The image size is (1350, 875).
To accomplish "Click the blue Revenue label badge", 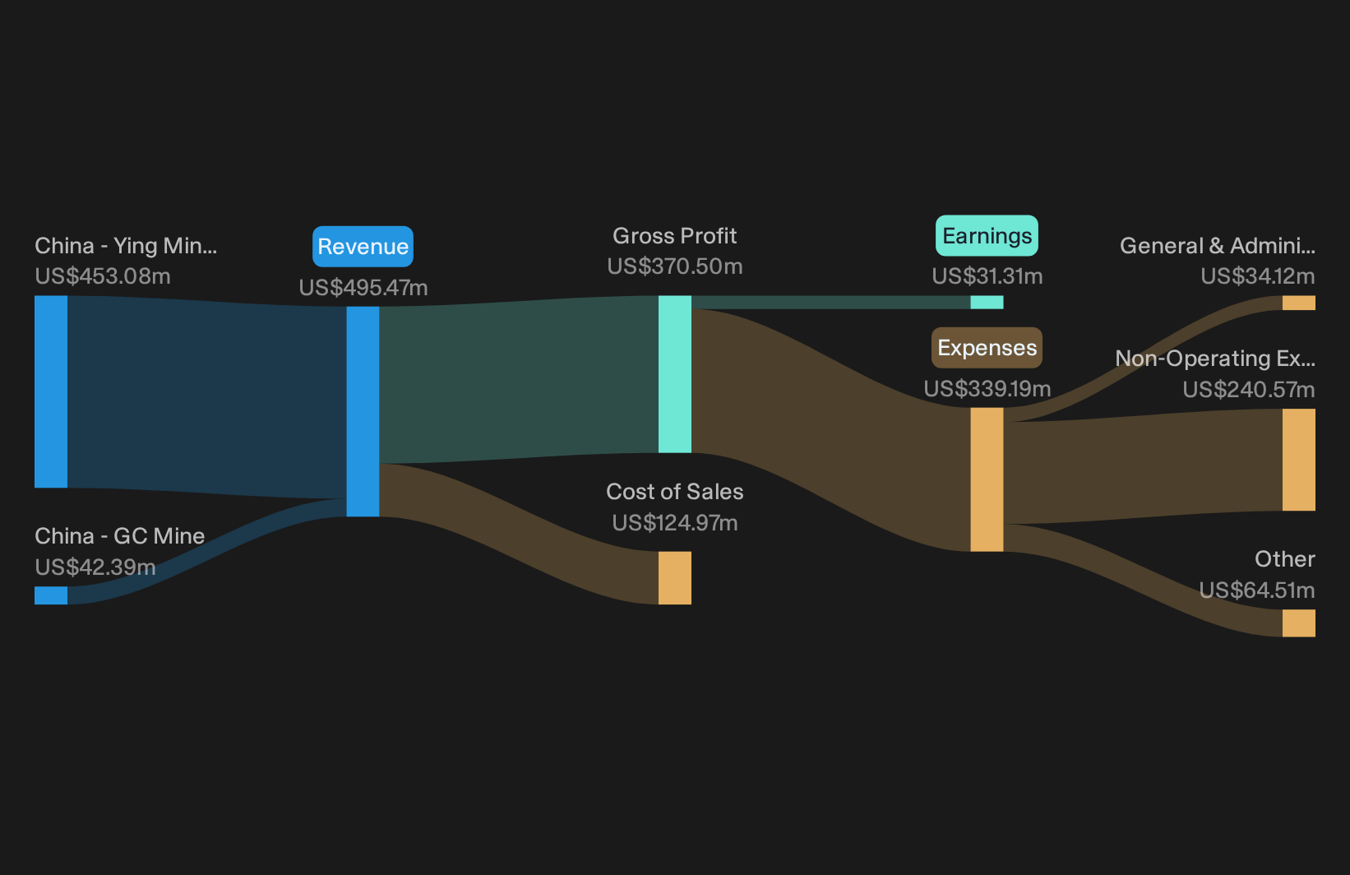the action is click(x=363, y=247).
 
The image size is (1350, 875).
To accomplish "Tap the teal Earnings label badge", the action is click(x=987, y=236).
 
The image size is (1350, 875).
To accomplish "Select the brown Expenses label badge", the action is click(x=987, y=348).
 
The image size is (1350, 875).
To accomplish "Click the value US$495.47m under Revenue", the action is click(x=363, y=288).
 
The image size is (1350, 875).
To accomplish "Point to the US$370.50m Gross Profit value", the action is click(x=674, y=266).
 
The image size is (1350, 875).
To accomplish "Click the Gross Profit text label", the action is click(x=674, y=236).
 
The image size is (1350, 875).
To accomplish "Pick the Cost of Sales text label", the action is click(x=674, y=492).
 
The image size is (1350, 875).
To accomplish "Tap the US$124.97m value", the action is click(x=674, y=523).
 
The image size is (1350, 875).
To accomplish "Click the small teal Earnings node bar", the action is click(x=987, y=302).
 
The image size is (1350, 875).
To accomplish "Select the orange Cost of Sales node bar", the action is click(x=674, y=577).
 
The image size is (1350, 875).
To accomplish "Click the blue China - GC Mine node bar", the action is click(x=51, y=595).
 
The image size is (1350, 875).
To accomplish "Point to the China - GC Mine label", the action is click(x=119, y=536).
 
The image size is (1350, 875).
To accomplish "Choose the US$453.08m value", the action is click(x=103, y=276).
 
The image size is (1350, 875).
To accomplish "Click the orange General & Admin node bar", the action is click(x=1299, y=303).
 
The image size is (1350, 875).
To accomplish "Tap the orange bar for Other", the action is click(x=1299, y=623).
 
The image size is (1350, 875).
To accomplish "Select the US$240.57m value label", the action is click(x=1249, y=390).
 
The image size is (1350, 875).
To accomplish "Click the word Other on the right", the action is click(x=1285, y=559).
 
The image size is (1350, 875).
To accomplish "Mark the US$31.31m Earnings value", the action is click(x=987, y=276).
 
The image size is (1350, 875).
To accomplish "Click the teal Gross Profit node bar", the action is click(x=674, y=374).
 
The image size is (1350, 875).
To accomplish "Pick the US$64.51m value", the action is click(x=1257, y=590).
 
